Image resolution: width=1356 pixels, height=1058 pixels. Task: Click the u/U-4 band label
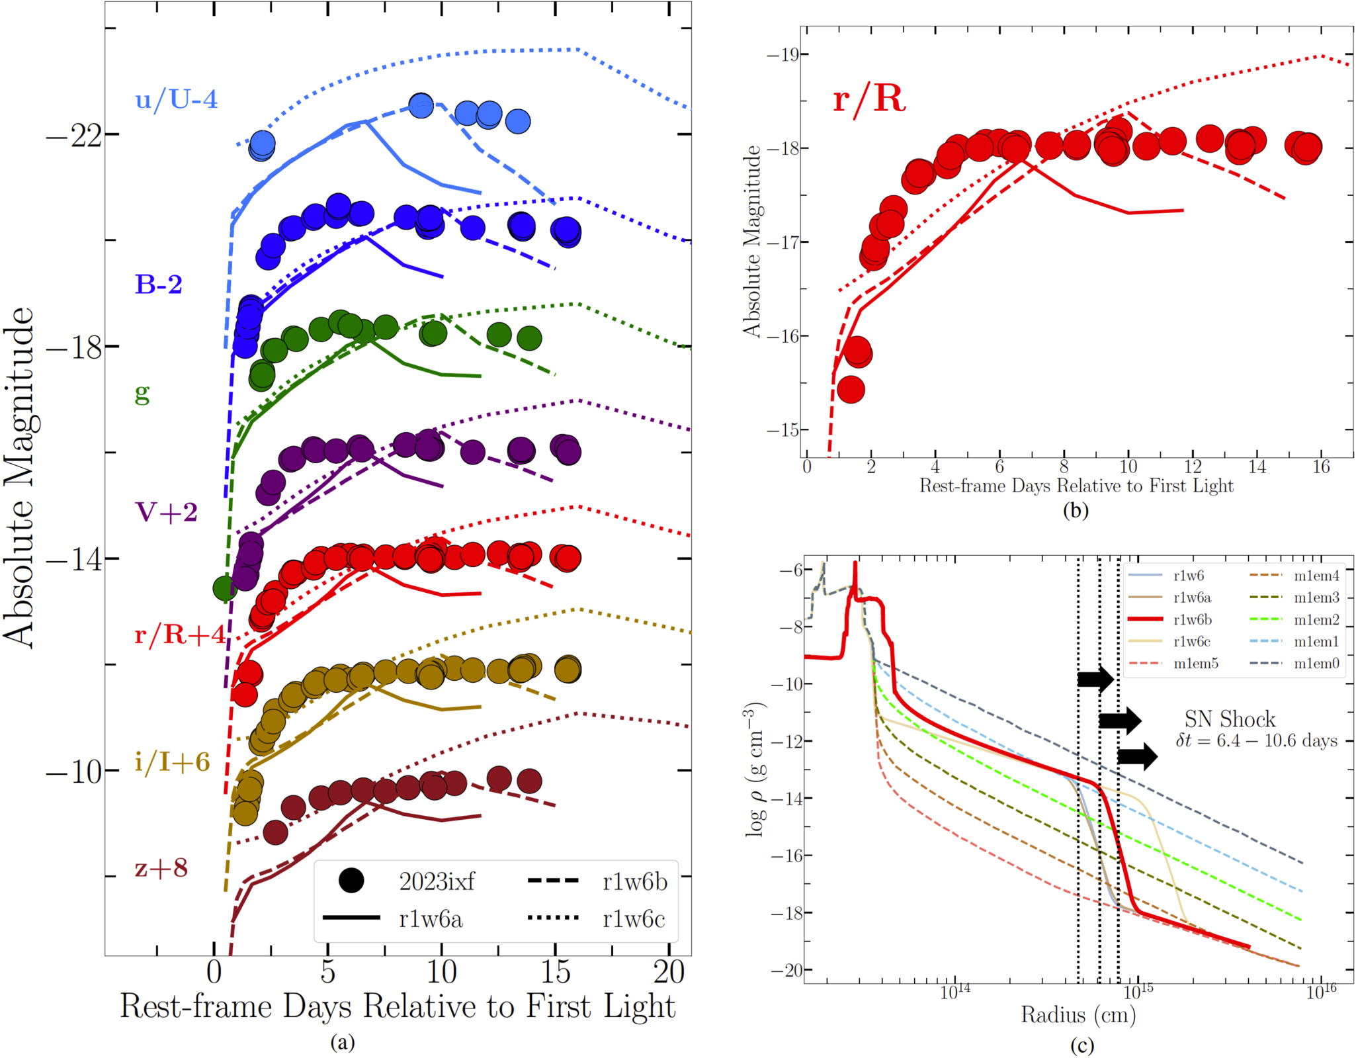point(176,99)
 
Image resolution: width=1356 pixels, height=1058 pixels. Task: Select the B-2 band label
point(159,284)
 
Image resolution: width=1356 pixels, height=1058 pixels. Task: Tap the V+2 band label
point(166,511)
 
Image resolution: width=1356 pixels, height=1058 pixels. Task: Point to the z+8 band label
point(161,867)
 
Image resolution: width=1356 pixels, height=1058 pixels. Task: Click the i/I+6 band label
point(172,762)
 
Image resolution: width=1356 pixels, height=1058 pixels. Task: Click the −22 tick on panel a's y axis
point(73,136)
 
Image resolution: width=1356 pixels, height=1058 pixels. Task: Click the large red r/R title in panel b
point(869,99)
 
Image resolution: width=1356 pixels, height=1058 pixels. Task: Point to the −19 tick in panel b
point(783,54)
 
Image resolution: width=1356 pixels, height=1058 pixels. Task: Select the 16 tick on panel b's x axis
point(1320,467)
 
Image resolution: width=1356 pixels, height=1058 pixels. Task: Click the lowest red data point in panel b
point(851,390)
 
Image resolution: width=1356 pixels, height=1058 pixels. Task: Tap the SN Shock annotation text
point(1230,719)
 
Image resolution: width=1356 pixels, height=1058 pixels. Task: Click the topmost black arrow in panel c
point(1095,678)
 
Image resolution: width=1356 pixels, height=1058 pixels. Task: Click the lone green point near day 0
point(225,588)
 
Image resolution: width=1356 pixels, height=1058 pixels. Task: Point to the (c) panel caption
point(1081,1045)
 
